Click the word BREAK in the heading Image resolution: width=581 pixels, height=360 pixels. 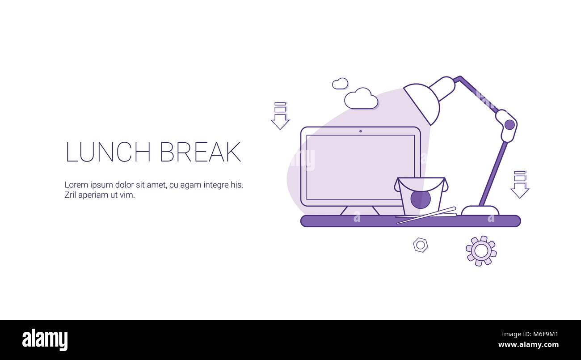pyautogui.click(x=200, y=152)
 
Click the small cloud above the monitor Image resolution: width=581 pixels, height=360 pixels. pyautogui.click(x=340, y=84)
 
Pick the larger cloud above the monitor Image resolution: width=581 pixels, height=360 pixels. pyautogui.click(x=361, y=99)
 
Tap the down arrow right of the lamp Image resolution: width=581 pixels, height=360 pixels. pyautogui.click(x=519, y=185)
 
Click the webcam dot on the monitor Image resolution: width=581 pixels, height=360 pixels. pyautogui.click(x=360, y=131)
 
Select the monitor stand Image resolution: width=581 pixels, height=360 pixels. pyautogui.click(x=360, y=211)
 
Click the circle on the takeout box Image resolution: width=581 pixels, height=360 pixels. pyautogui.click(x=421, y=199)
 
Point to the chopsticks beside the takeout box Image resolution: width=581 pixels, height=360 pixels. pyautogui.click(x=427, y=215)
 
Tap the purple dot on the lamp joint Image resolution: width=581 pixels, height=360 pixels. pyautogui.click(x=509, y=124)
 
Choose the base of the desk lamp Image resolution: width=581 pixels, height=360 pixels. pyautogui.click(x=480, y=210)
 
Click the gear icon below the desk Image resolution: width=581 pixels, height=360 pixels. pyautogui.click(x=481, y=251)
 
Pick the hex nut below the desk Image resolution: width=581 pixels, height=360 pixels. pyautogui.click(x=420, y=245)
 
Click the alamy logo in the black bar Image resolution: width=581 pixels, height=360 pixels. pyautogui.click(x=45, y=339)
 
